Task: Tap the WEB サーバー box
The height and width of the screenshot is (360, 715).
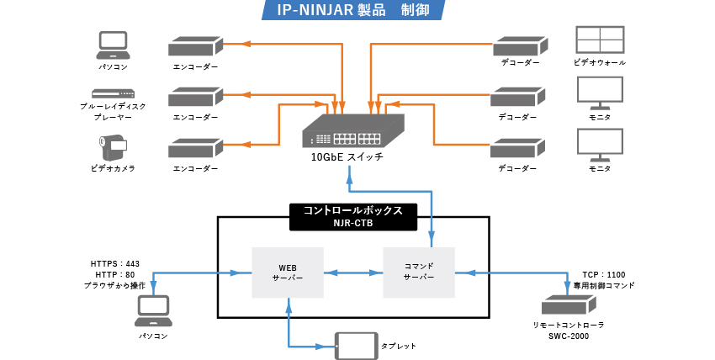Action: click(289, 272)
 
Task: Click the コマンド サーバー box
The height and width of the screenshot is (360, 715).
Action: click(418, 272)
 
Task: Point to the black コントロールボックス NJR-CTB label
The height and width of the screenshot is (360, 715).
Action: click(352, 216)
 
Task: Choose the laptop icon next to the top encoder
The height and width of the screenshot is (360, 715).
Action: click(113, 43)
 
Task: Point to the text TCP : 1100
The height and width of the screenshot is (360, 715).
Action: click(604, 275)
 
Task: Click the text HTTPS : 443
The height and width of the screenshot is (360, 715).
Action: click(115, 264)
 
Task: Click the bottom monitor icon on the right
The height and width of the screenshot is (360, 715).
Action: click(600, 145)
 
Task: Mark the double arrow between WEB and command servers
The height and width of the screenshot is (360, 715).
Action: click(353, 272)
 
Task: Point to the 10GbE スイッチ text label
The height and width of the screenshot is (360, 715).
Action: click(347, 157)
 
